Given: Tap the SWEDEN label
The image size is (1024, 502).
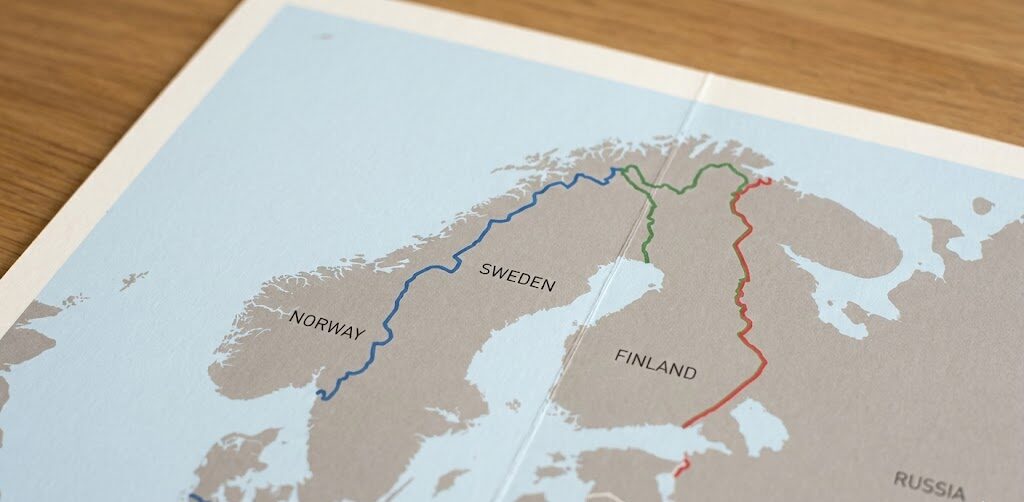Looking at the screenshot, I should [x=517, y=276].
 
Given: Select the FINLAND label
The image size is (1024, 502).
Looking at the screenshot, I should [x=656, y=364].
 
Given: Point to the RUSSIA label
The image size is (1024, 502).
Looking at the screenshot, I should [x=929, y=484].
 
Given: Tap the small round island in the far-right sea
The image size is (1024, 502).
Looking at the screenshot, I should [x=983, y=206].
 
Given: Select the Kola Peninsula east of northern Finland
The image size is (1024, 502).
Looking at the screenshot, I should [x=850, y=225].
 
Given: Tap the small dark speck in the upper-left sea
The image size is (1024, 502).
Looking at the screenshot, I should [x=326, y=37].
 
